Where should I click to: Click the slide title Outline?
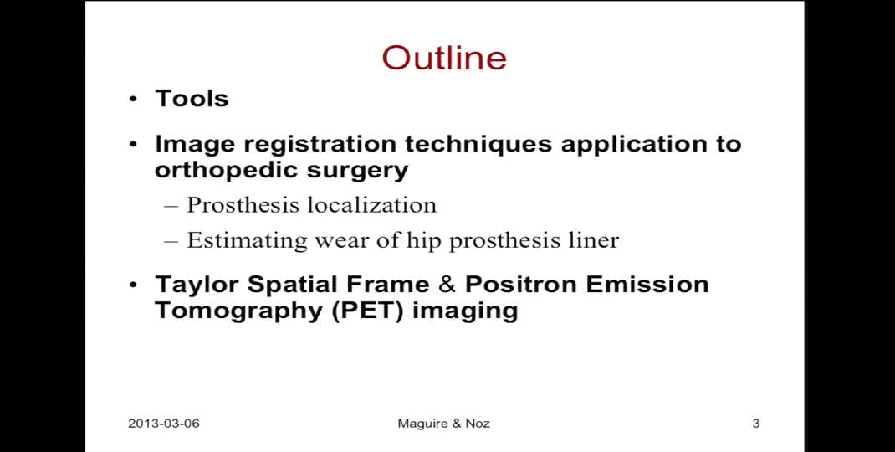pos(444,58)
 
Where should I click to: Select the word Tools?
pos(192,98)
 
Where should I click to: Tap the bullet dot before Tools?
pos(133,100)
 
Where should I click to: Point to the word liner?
pos(591,240)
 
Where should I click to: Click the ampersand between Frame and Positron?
pos(447,285)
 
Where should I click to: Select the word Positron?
pos(520,285)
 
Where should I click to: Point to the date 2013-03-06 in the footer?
pos(164,424)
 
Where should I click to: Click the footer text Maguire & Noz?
pos(443,424)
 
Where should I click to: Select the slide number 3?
pos(755,424)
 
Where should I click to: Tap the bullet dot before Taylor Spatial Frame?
pos(133,285)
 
